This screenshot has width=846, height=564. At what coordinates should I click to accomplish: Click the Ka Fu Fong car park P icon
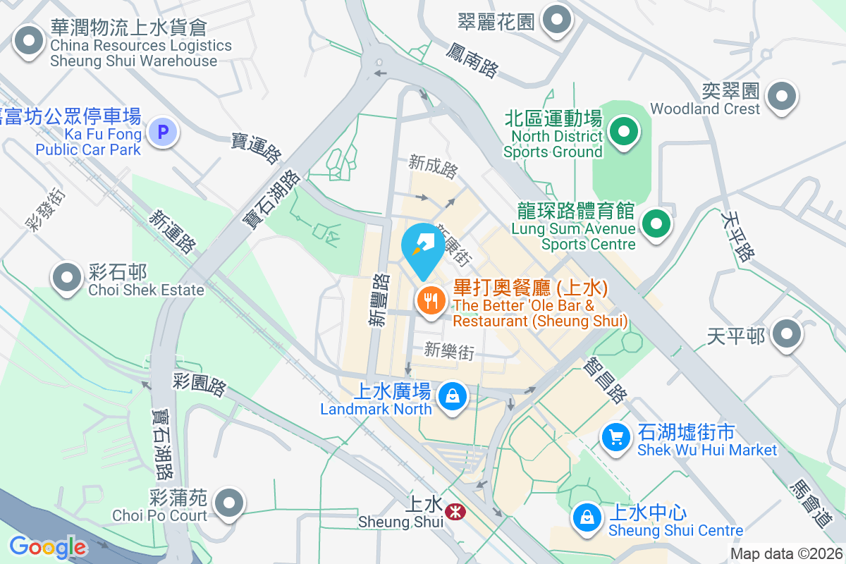click(164, 132)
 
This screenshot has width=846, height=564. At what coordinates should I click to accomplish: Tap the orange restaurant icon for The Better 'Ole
click(430, 302)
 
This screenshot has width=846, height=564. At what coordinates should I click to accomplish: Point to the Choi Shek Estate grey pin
click(68, 277)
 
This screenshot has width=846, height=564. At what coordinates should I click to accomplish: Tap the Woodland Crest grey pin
click(781, 97)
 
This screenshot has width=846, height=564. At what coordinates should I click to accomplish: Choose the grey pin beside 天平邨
click(787, 333)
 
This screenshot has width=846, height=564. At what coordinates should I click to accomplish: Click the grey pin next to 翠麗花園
click(558, 20)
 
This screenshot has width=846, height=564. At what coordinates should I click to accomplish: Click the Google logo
click(47, 546)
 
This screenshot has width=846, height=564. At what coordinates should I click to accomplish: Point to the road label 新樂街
click(449, 350)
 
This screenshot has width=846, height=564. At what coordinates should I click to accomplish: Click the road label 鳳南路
click(472, 59)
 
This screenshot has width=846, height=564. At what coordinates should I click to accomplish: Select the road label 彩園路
click(200, 385)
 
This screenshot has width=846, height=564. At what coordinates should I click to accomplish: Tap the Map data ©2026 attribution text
click(785, 554)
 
